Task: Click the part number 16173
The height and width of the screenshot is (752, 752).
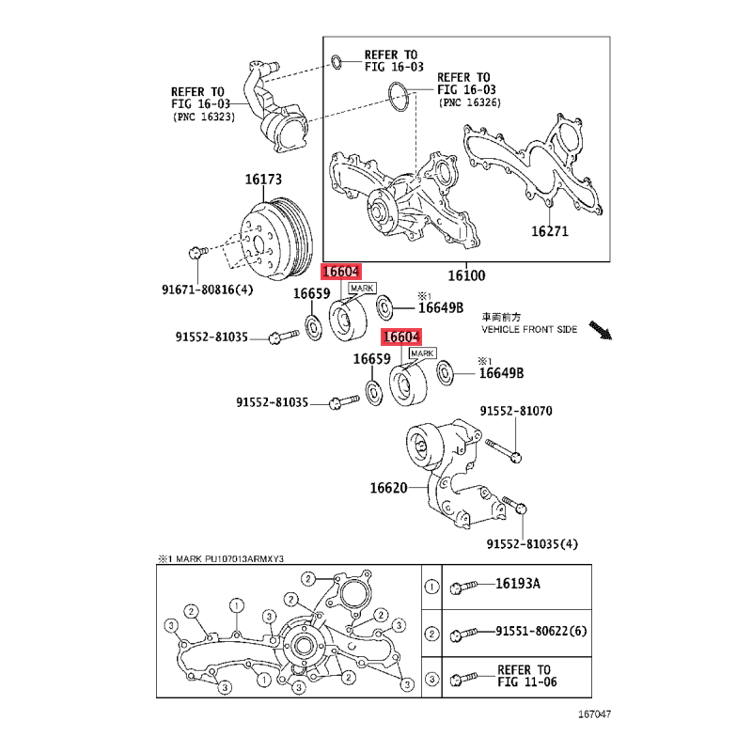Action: click(x=263, y=180)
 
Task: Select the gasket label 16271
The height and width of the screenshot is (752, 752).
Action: click(x=550, y=231)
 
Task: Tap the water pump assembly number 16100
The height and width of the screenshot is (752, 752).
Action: click(x=466, y=275)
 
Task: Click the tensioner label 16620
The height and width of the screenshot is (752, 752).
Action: click(x=388, y=488)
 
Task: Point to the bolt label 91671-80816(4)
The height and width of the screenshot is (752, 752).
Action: click(x=207, y=290)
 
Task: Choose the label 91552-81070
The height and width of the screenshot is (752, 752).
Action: click(x=516, y=411)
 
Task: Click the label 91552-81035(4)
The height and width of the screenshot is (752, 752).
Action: click(x=532, y=544)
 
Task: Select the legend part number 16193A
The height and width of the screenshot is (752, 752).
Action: click(x=518, y=584)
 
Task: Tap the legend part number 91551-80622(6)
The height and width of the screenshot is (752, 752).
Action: click(x=541, y=631)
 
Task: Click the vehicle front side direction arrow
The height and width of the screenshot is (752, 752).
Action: click(x=601, y=331)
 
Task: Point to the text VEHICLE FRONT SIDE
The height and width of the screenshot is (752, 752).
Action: click(x=529, y=330)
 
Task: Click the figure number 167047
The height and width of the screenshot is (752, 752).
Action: click(x=595, y=714)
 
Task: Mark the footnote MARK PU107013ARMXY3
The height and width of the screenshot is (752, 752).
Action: click(x=230, y=558)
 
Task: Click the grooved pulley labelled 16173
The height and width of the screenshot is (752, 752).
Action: click(x=276, y=239)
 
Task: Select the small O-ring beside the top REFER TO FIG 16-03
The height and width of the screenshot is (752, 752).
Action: click(x=337, y=62)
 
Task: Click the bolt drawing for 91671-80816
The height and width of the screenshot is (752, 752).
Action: click(x=198, y=252)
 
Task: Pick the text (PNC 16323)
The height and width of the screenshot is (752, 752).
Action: click(x=204, y=117)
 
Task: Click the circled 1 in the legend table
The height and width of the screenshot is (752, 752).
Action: click(x=431, y=587)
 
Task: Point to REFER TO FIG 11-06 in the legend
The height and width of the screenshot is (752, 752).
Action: click(x=526, y=676)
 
